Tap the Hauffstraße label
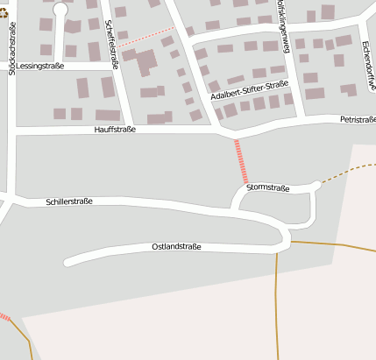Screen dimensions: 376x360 click(x=115, y=130)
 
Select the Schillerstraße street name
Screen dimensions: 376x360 click(x=69, y=201)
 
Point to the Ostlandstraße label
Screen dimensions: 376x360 click(x=176, y=247)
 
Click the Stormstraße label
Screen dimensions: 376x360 click(x=268, y=187)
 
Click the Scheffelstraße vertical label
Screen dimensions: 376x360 click(x=111, y=39)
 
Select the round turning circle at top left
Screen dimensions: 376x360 click(x=60, y=9)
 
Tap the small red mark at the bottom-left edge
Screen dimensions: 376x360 click(x=4, y=316)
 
